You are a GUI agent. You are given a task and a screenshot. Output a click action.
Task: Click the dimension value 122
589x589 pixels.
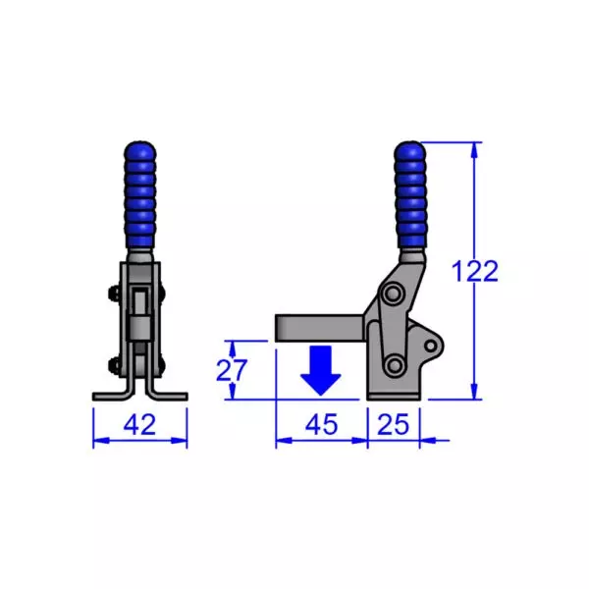pos(476,272)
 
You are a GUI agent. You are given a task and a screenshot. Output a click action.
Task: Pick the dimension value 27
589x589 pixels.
pos(232,370)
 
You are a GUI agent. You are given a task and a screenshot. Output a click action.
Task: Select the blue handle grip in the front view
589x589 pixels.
pos(139,196)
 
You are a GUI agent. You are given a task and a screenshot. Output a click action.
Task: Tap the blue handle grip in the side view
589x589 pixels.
pos(410,196)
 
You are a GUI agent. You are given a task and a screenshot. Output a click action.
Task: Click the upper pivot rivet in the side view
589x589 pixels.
pos(394,294)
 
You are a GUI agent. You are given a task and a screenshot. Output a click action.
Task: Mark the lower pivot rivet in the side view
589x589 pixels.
pos(395,365)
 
